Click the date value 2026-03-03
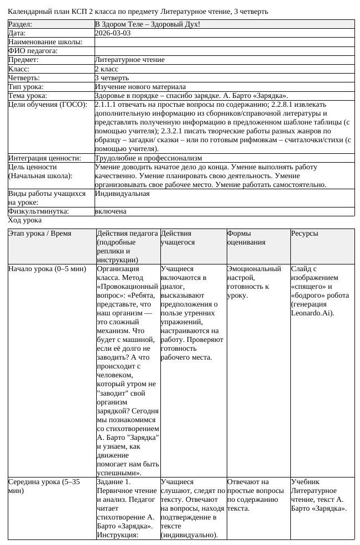tap(113, 33)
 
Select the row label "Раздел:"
tap(20, 24)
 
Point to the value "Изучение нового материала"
tap(140, 87)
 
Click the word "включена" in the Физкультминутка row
tap(111, 211)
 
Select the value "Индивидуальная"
tap(122, 194)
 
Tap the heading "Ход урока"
tap(25, 220)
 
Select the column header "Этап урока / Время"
tap(40, 233)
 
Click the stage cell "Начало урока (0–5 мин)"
tap(47, 269)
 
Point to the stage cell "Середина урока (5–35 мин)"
tap(44, 486)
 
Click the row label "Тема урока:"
tap(28, 96)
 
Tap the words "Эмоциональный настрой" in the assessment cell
tap(254, 273)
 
